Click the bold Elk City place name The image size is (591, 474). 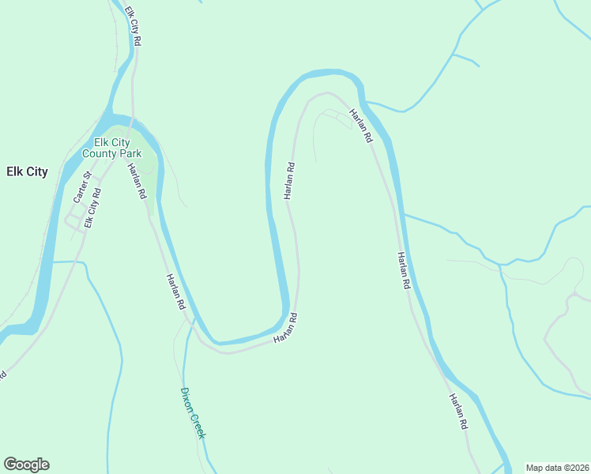tap(27, 171)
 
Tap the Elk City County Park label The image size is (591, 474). tap(116, 148)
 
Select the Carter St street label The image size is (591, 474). tap(81, 186)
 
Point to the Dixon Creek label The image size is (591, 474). tap(193, 413)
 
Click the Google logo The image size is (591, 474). tap(26, 465)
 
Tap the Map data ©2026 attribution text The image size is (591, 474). tap(558, 467)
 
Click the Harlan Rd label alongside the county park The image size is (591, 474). tap(136, 180)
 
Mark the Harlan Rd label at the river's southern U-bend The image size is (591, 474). tap(285, 328)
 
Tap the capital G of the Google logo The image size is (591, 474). tap(10, 465)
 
